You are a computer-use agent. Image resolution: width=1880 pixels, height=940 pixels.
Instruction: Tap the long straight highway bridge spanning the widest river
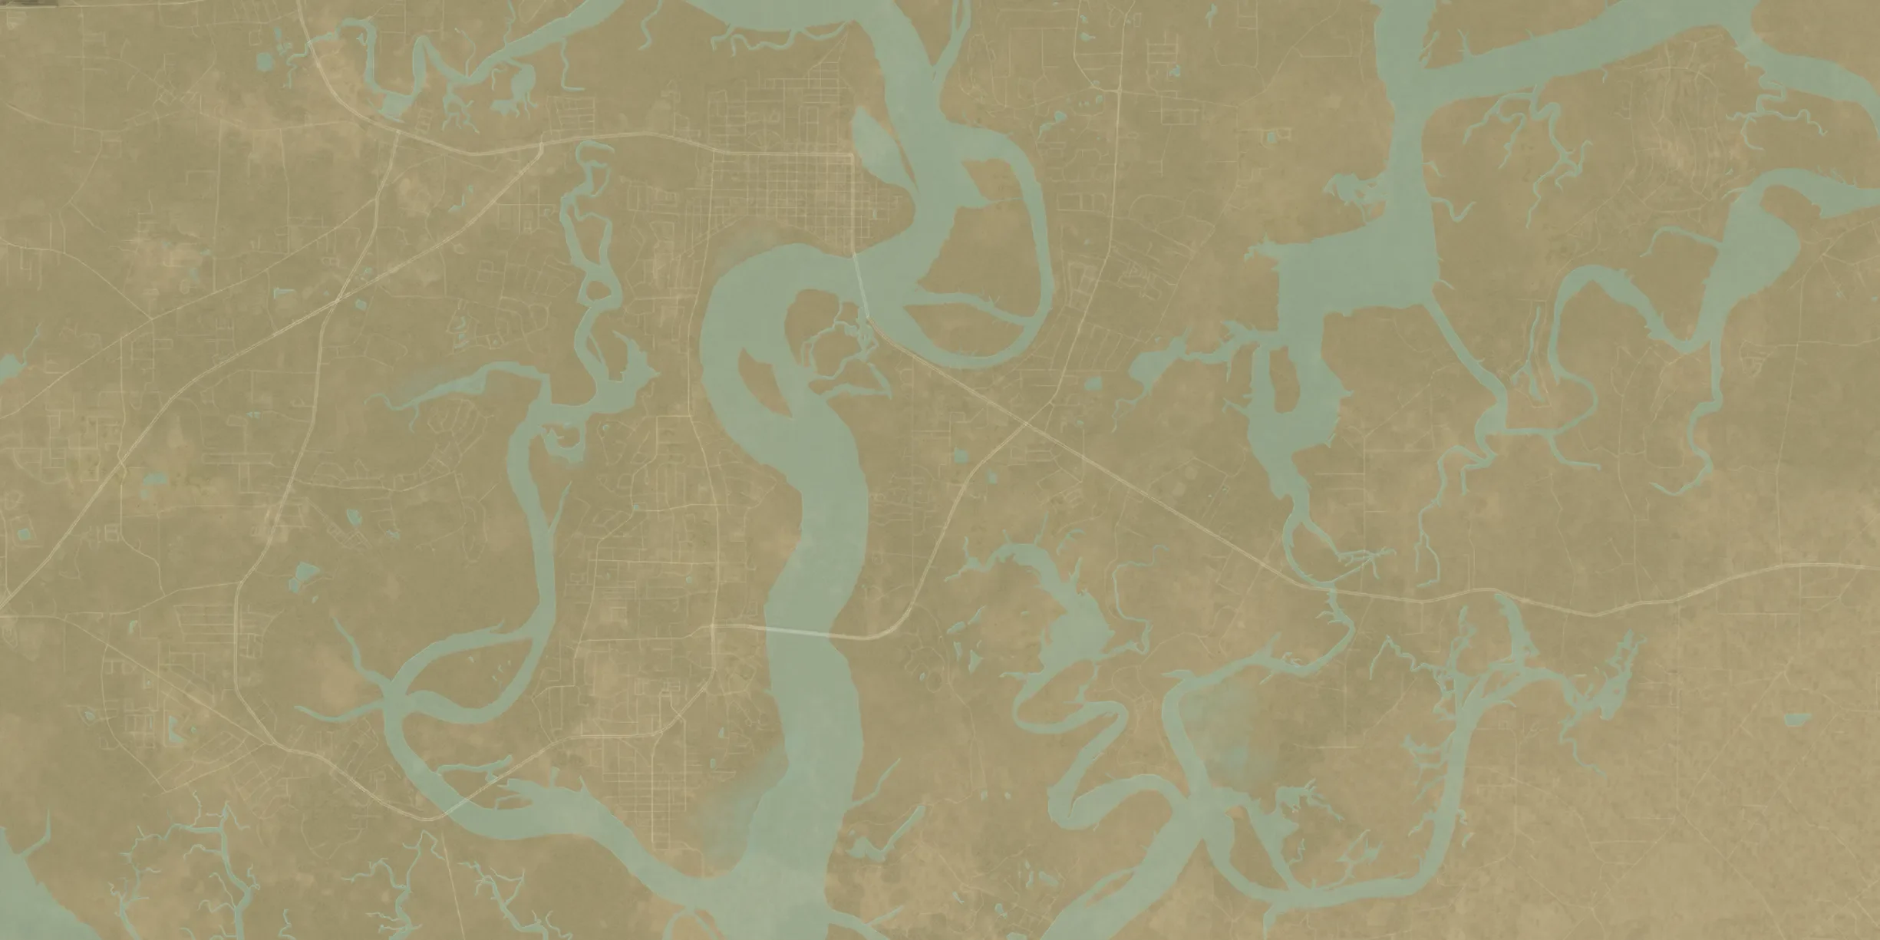tap(798, 631)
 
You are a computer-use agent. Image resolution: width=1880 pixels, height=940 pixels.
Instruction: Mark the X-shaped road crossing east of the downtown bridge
tap(1026, 423)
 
